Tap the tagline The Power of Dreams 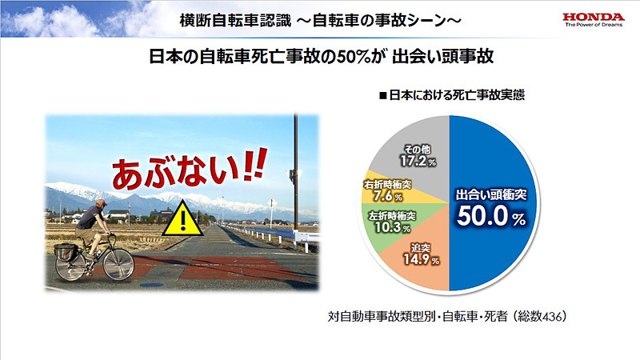pos(592,25)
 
